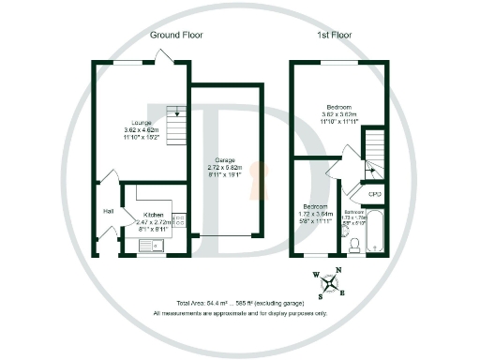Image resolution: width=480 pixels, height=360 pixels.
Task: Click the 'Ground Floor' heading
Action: pyautogui.click(x=177, y=35)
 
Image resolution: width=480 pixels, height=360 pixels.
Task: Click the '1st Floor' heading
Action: pyautogui.click(x=336, y=35)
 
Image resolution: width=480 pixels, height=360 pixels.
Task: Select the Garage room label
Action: pyautogui.click(x=224, y=160)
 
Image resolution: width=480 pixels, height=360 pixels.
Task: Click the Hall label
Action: pyautogui.click(x=109, y=212)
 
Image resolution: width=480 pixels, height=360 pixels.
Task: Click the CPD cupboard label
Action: pyautogui.click(x=374, y=194)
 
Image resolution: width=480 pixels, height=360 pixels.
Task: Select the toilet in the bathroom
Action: pyautogui.click(x=353, y=245)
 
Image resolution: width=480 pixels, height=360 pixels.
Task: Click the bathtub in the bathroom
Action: pyautogui.click(x=375, y=232)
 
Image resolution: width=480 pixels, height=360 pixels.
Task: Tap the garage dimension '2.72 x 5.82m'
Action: pyautogui.click(x=224, y=169)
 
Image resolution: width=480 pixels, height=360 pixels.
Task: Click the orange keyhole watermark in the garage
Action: pyautogui.click(x=262, y=179)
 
